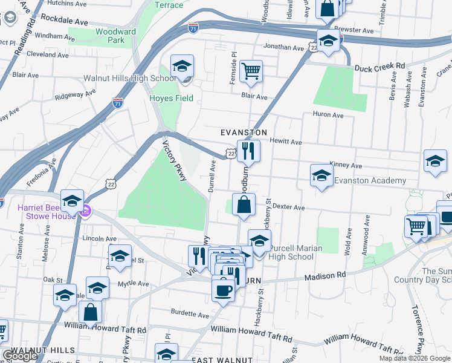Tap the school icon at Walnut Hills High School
181,67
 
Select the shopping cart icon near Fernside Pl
251,70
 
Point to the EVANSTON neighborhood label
244,132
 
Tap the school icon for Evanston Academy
321,176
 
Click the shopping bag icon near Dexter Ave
244,205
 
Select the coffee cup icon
223,289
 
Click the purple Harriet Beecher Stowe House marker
86,211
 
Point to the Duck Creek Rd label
379,66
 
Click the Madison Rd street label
324,275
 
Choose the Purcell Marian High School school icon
259,241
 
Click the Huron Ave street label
328,114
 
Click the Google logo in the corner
19,356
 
